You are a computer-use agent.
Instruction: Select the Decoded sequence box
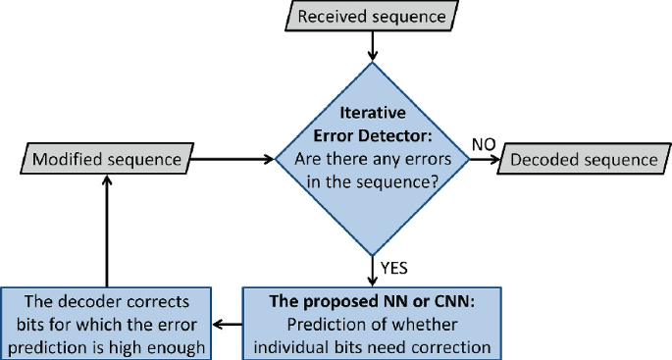[x=585, y=159]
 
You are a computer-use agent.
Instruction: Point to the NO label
[x=483, y=144]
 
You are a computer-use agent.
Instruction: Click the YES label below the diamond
[x=394, y=266]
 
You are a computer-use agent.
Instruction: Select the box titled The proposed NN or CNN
[x=372, y=321]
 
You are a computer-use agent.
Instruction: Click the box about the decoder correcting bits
[x=107, y=321]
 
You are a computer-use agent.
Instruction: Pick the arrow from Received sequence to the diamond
[x=372, y=45]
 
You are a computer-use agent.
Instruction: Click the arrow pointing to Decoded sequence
[x=482, y=159]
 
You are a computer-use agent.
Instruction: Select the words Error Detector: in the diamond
[x=373, y=134]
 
